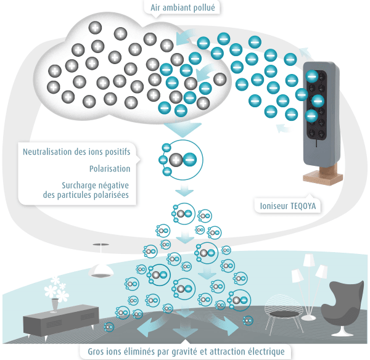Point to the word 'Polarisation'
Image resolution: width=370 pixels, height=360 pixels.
(x=109, y=168)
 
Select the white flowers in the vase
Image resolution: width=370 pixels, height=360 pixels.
(x=56, y=287)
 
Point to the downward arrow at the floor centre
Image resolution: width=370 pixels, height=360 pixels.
(x=184, y=327)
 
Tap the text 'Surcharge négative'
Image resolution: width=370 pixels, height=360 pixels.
(x=99, y=185)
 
